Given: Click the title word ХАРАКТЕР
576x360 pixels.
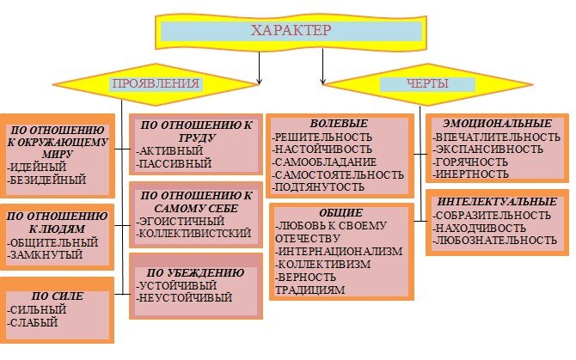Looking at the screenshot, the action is [291, 30].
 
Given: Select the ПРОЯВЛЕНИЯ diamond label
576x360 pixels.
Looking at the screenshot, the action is [156, 83].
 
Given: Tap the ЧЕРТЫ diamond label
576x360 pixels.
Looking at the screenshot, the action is [427, 83].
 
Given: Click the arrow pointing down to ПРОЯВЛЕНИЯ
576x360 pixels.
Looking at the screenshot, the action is [260, 68].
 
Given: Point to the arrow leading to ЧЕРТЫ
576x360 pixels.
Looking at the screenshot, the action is [323, 67].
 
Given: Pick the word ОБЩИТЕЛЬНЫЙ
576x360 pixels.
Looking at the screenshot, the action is [52, 242].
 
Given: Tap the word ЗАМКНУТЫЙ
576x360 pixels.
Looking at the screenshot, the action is [45, 254].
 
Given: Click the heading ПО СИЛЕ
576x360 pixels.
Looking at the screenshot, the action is [58, 296].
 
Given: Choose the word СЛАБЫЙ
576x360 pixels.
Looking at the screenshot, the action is [33, 322].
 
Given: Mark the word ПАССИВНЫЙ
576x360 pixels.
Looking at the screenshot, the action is [175, 163].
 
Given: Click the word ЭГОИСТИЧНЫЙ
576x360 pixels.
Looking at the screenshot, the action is [181, 222].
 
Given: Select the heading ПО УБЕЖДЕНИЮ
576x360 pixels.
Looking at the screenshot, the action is [195, 272].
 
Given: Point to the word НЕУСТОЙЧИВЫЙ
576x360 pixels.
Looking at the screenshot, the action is [185, 297].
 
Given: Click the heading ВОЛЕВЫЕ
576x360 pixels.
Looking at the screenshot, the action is [339, 124].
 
